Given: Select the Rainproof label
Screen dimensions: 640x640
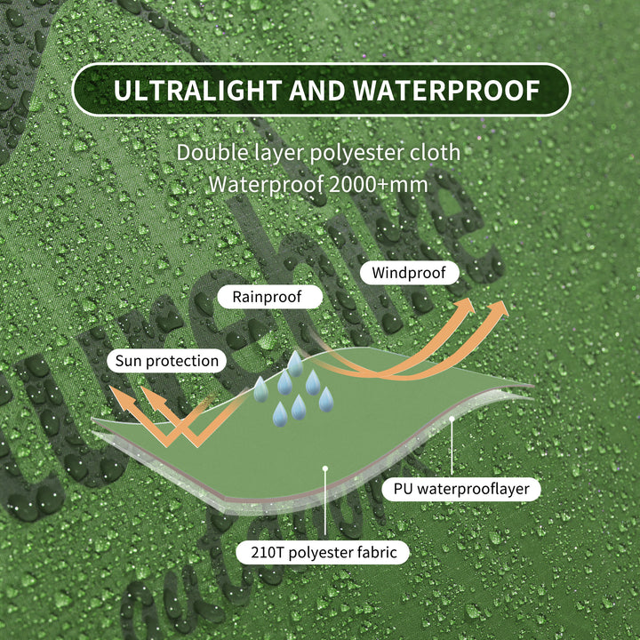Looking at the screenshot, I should click(x=268, y=297).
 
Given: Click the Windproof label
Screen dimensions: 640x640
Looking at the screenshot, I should click(x=409, y=273).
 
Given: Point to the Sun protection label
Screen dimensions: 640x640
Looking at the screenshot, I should click(x=166, y=361).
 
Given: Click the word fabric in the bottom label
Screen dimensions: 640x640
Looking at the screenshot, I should click(x=377, y=552).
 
